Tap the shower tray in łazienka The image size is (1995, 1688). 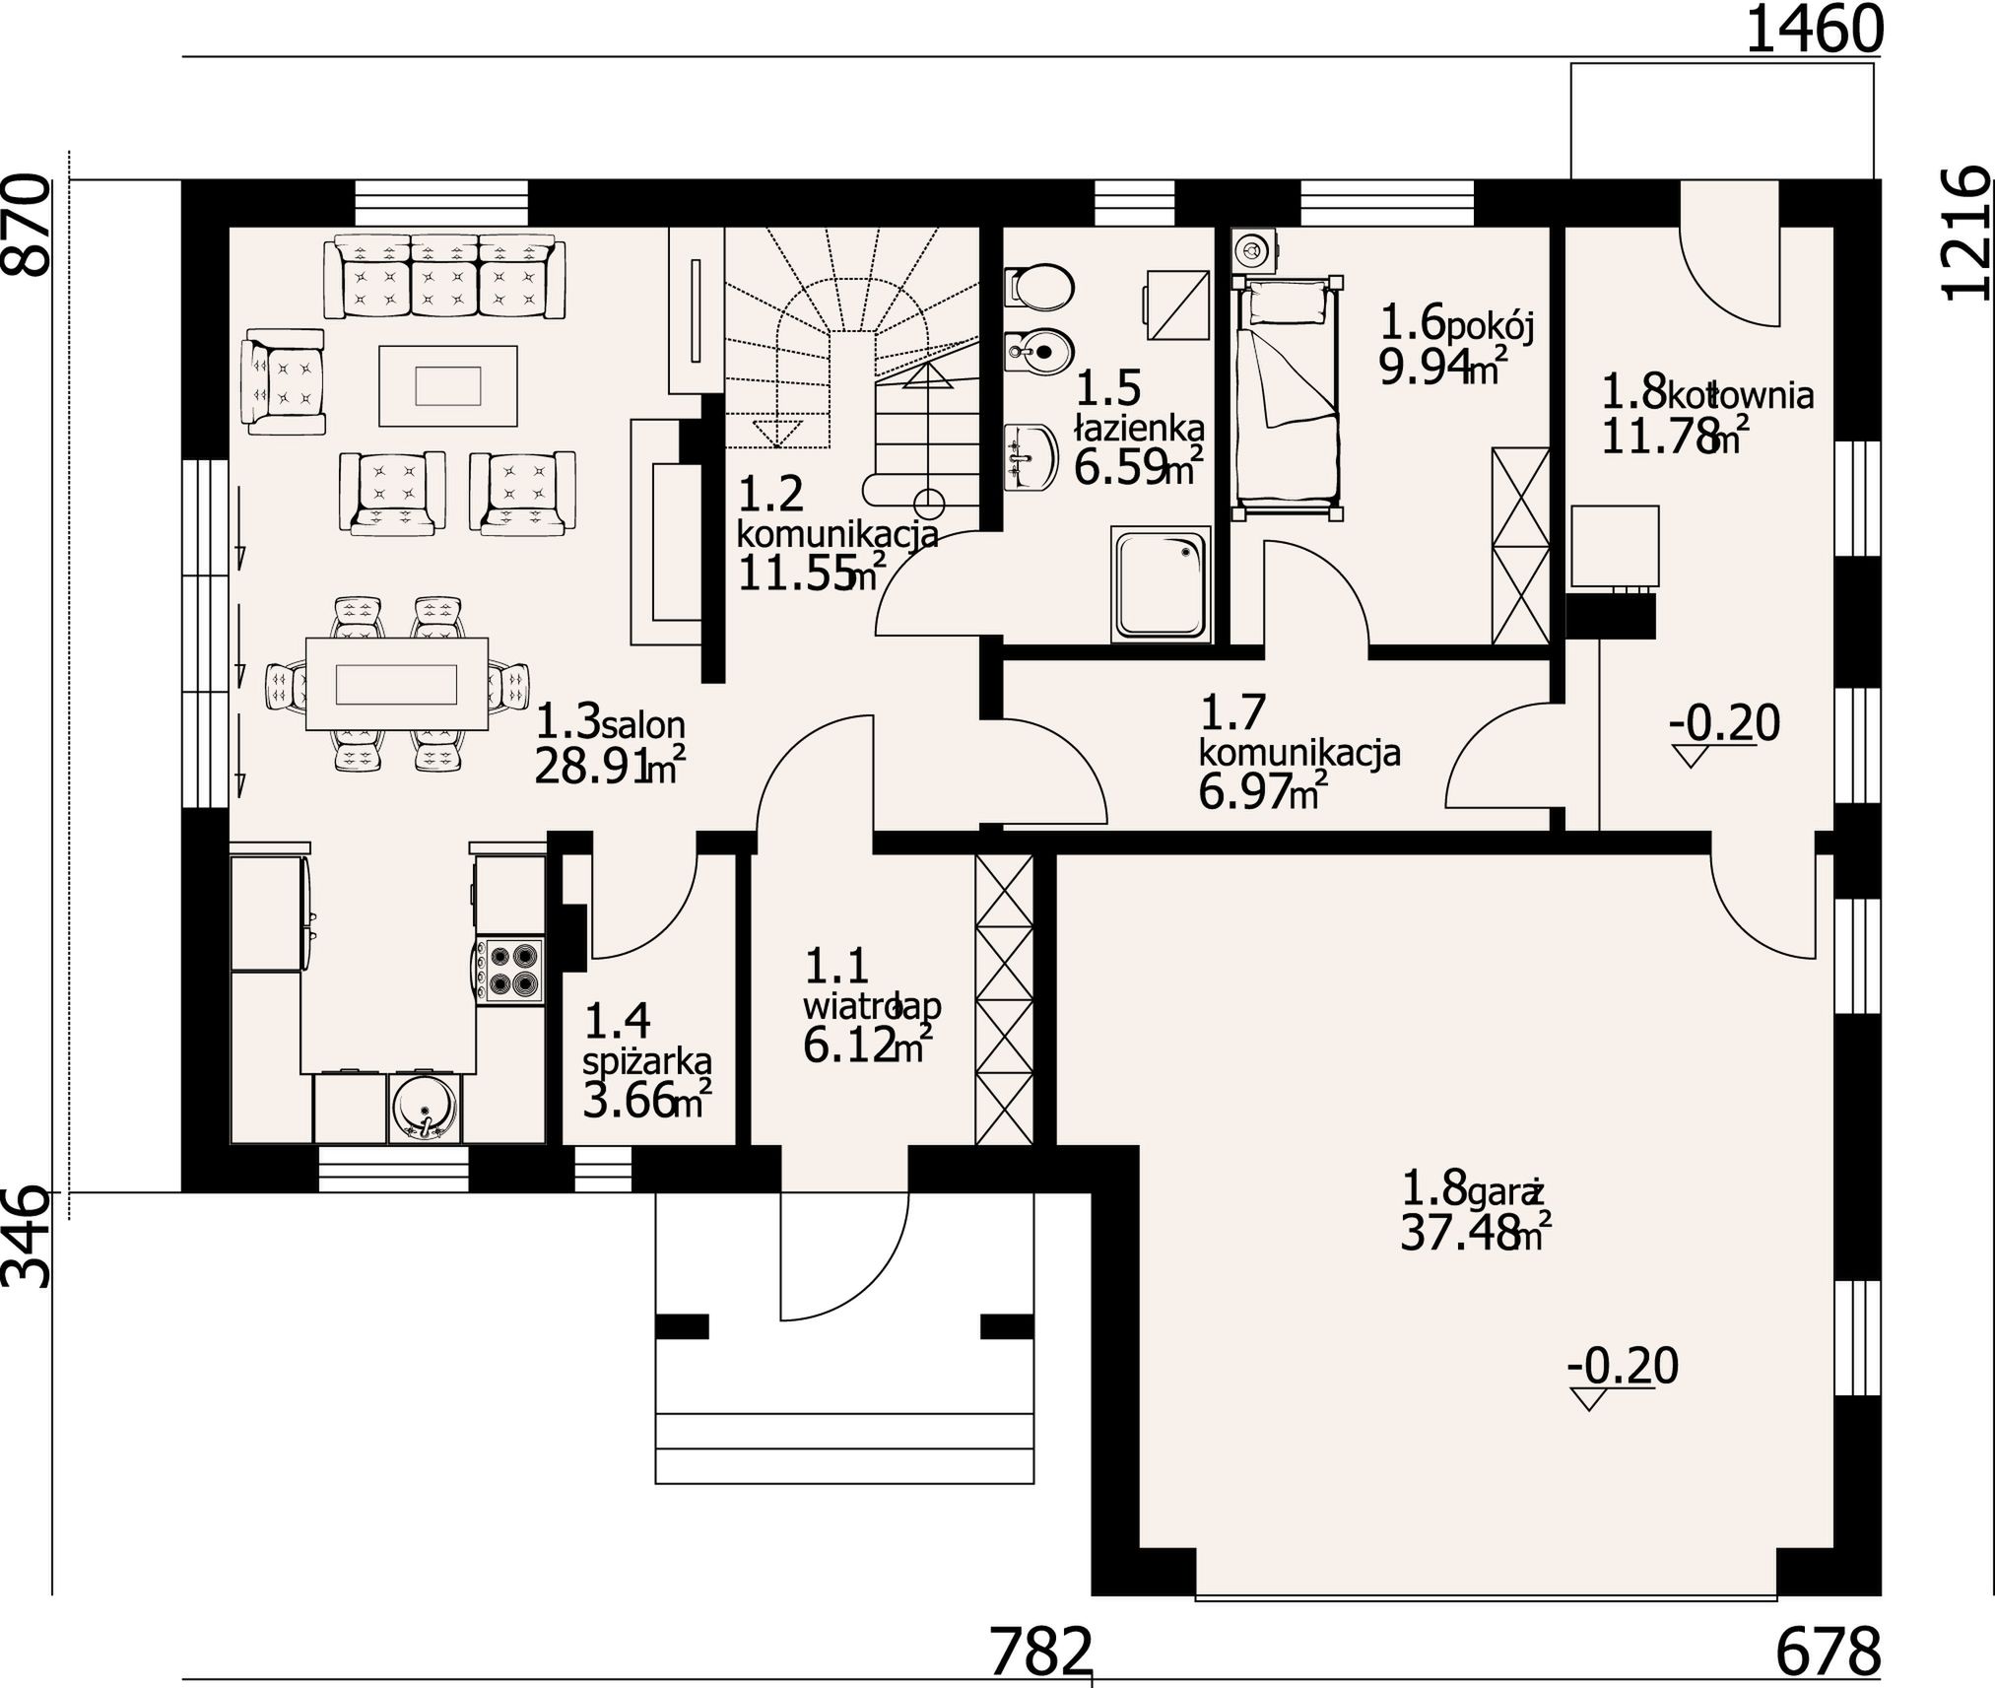coord(1161,584)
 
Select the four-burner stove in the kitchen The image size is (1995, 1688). coord(510,972)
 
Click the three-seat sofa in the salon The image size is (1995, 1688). coord(445,276)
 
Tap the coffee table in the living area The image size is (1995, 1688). coord(448,385)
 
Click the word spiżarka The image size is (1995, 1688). coord(647,1063)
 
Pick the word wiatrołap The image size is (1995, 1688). coord(872,1007)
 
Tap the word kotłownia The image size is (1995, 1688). coord(1740,396)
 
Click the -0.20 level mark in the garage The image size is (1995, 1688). coord(1623,1367)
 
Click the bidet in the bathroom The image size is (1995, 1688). coord(1038,351)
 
